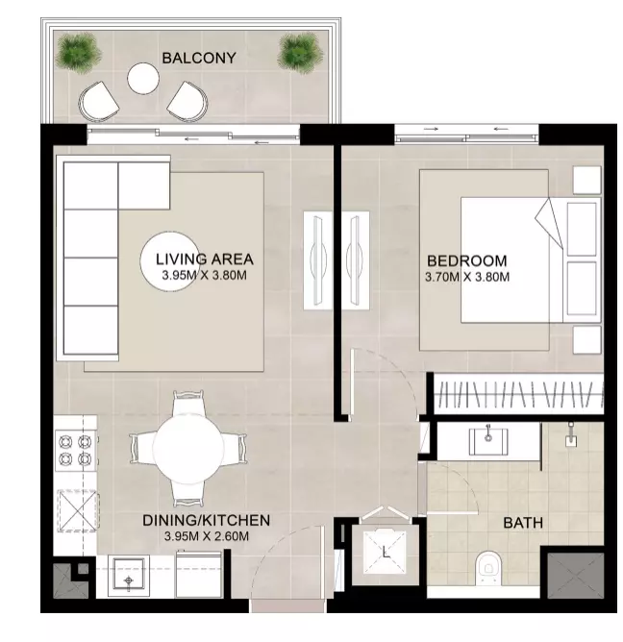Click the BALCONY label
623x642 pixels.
(x=199, y=58)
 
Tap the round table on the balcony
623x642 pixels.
(x=143, y=78)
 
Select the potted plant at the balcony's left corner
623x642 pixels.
(x=78, y=53)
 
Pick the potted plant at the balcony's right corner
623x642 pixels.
(x=300, y=53)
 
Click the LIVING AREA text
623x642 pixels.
(x=205, y=259)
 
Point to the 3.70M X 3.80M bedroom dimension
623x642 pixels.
(x=467, y=277)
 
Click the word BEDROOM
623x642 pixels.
(x=467, y=260)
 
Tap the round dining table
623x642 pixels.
(x=188, y=449)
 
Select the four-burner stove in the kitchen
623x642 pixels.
(x=76, y=451)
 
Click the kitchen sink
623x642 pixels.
(x=129, y=576)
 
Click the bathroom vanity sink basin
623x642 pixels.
(x=488, y=442)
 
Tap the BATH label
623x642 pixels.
(x=523, y=523)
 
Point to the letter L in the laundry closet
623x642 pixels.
(x=386, y=553)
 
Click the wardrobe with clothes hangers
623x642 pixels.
(x=518, y=394)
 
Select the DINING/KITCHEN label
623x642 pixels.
(x=206, y=520)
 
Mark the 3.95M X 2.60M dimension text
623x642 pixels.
(x=207, y=536)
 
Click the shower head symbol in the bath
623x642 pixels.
(x=571, y=434)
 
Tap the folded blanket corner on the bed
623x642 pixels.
(x=550, y=223)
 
